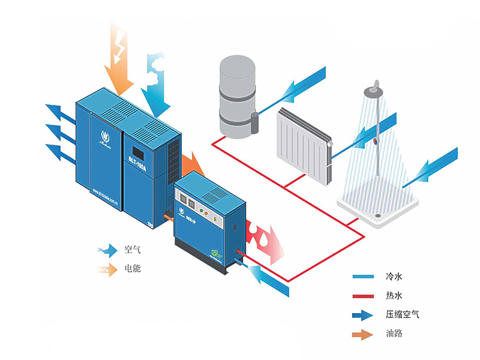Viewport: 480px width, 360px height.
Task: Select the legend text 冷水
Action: click(394, 277)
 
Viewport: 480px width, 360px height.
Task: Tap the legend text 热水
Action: click(394, 295)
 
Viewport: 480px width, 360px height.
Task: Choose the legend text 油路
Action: click(394, 333)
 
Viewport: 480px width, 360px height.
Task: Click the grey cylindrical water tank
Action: click(237, 96)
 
